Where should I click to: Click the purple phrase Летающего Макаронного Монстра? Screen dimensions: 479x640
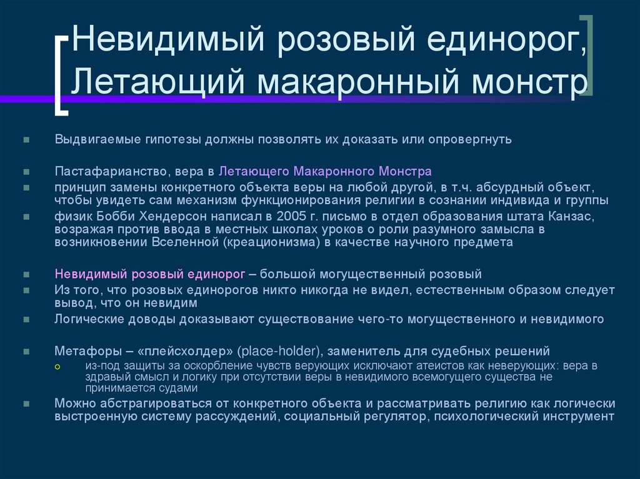click(325, 170)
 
